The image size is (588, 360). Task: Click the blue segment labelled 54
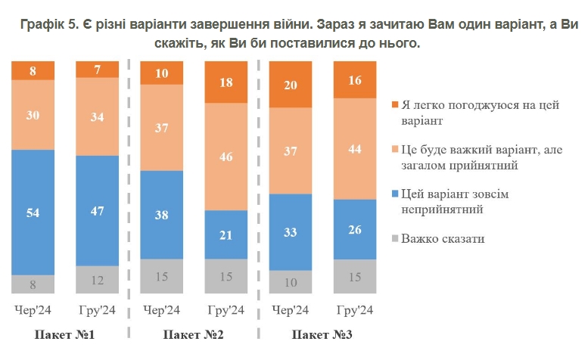pyautogui.click(x=33, y=213)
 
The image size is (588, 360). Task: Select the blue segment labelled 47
pyautogui.click(x=98, y=211)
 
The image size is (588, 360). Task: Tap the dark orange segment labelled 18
pyautogui.click(x=227, y=82)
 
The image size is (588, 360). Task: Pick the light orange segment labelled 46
pyautogui.click(x=227, y=157)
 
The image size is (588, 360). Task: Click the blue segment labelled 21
pyautogui.click(x=227, y=234)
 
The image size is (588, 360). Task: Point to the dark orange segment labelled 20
pyautogui.click(x=291, y=85)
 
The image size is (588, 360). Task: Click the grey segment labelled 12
pyautogui.click(x=98, y=280)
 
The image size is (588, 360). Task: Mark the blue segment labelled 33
pyautogui.click(x=291, y=233)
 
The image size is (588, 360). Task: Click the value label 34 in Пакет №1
pyautogui.click(x=98, y=116)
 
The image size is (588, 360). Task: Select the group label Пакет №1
pyautogui.click(x=64, y=334)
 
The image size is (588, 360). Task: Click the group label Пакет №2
pyautogui.click(x=193, y=334)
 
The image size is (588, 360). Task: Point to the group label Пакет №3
pyautogui.click(x=322, y=334)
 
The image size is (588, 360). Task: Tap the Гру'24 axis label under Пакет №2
pyautogui.click(x=226, y=311)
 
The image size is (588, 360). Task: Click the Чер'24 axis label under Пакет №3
pyautogui.click(x=290, y=311)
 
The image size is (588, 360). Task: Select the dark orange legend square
pyautogui.click(x=395, y=105)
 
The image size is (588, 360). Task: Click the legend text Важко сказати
pyautogui.click(x=443, y=239)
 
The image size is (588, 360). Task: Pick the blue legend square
pyautogui.click(x=395, y=194)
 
